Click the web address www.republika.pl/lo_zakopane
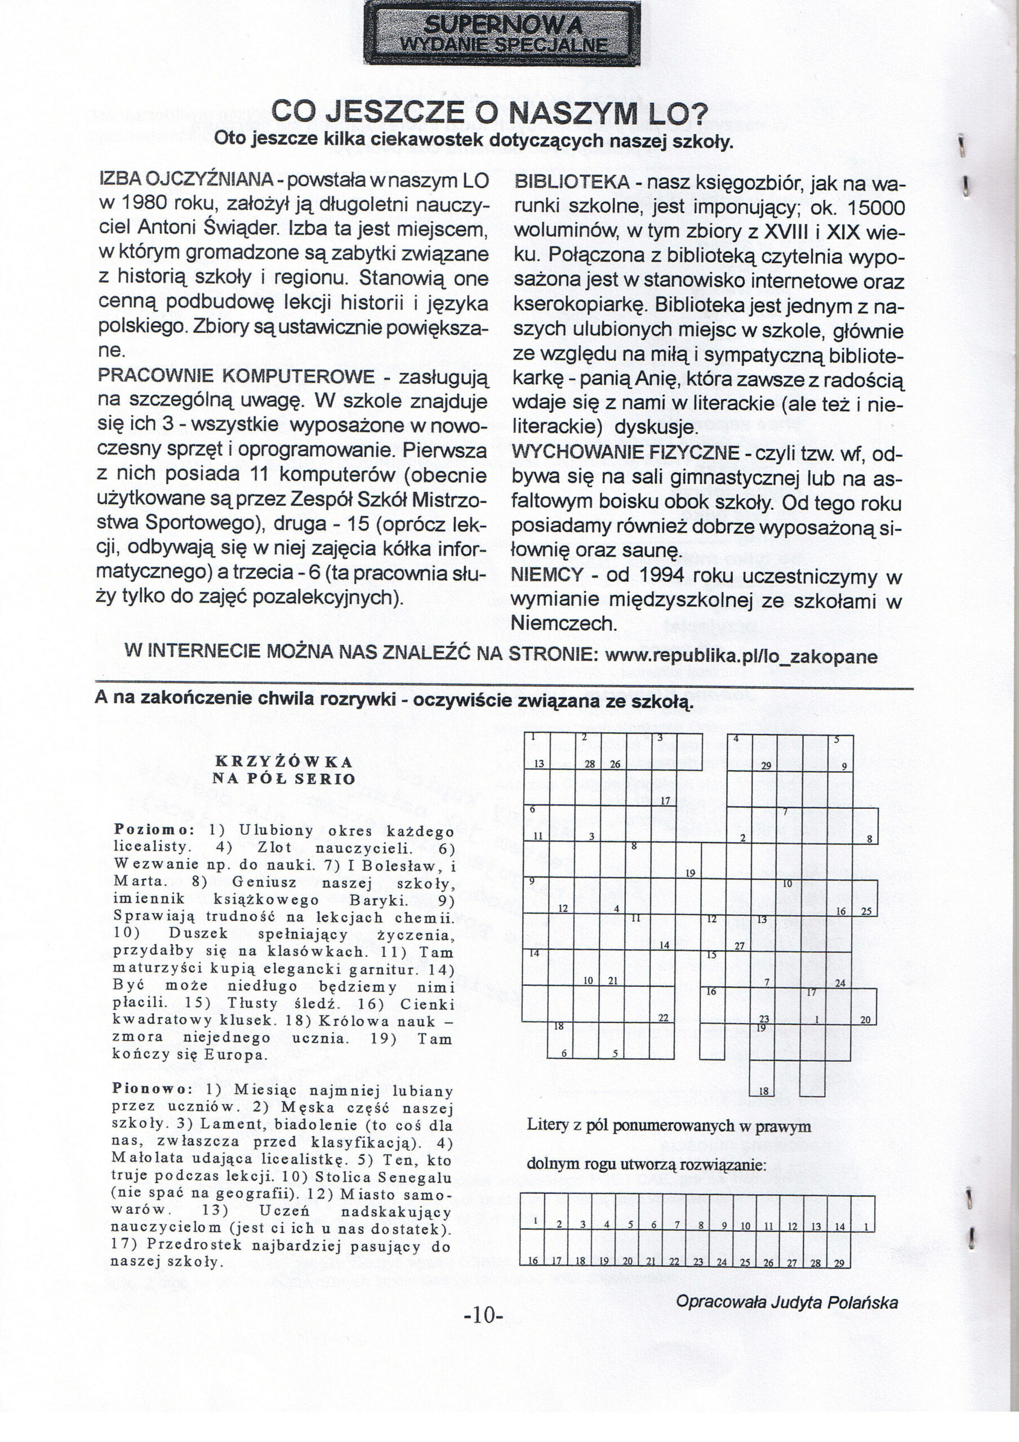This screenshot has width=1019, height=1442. point(741,657)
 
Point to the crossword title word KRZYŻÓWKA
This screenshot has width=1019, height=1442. point(283,762)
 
